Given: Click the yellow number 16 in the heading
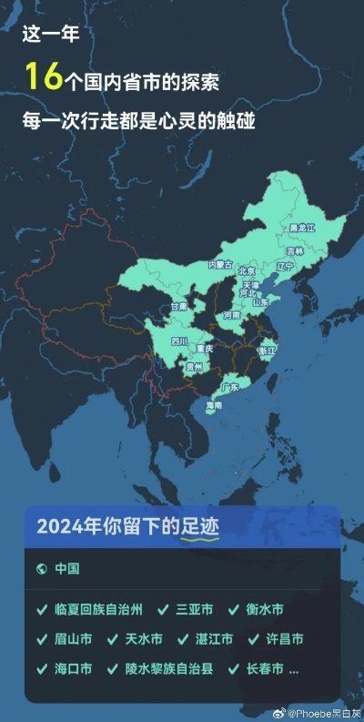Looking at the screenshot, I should (x=43, y=77).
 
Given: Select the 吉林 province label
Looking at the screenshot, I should (x=295, y=250).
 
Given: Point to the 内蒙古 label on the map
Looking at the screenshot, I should (x=220, y=264).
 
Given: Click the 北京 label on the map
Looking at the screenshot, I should (x=247, y=270).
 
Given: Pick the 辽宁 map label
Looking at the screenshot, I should (x=285, y=267).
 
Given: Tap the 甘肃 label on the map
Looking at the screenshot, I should (x=178, y=308).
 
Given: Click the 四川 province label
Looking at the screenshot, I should (x=179, y=341).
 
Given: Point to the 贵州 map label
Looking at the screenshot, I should (x=193, y=367).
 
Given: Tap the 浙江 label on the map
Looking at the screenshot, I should (x=268, y=350).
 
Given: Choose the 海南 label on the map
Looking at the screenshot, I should (x=215, y=404).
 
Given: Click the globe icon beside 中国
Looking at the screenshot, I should (x=41, y=569).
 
